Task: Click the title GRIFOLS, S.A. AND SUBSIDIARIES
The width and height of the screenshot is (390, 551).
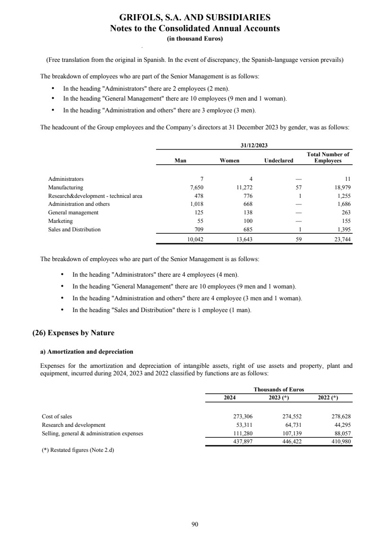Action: (x=195, y=17)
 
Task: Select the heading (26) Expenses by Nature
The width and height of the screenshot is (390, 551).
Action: (x=73, y=333)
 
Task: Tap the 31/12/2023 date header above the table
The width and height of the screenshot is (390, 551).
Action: (x=254, y=145)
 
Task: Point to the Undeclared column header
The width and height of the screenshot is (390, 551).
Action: (x=278, y=161)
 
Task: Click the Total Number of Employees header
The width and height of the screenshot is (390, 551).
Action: (x=328, y=157)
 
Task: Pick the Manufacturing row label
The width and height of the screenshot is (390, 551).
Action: (x=65, y=187)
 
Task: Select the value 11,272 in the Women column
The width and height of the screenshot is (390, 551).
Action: (x=244, y=187)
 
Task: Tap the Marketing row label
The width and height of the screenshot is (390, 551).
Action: (x=60, y=221)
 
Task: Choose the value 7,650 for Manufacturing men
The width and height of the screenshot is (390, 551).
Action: (x=196, y=187)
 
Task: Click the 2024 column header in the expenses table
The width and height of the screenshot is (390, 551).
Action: (x=230, y=398)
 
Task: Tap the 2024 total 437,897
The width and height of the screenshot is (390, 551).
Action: (x=239, y=441)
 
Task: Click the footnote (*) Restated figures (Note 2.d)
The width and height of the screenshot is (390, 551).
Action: (x=78, y=450)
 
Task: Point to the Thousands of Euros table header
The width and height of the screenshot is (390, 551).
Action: (x=278, y=390)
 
